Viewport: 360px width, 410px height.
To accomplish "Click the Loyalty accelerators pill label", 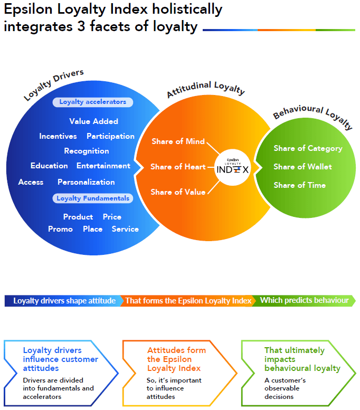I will tap(92, 102).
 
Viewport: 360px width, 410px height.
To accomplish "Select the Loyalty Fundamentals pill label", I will tap(92, 198).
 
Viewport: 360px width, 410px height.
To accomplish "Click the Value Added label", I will tap(93, 121).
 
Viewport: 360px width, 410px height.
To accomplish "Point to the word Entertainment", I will tap(103, 166).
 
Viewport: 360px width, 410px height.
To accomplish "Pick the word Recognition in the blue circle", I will tap(87, 151).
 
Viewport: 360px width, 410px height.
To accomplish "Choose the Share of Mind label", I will tap(178, 141).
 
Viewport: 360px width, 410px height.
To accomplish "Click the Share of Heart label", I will tap(178, 167).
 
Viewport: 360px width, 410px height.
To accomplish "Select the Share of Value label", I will tap(178, 192).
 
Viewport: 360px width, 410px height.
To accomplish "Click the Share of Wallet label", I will tap(302, 167).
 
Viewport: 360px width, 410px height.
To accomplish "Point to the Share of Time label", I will tap(299, 185).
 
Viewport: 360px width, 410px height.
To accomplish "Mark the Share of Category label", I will tap(308, 148).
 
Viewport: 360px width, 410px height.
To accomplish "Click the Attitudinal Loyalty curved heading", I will tap(206, 89).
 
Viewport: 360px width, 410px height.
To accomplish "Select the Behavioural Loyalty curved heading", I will tap(312, 116).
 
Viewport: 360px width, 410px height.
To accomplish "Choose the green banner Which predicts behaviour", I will tap(304, 301).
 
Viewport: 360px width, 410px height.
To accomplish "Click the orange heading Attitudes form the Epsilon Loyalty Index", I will tap(176, 359).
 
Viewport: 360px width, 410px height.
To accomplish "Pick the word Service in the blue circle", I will tap(125, 229).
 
